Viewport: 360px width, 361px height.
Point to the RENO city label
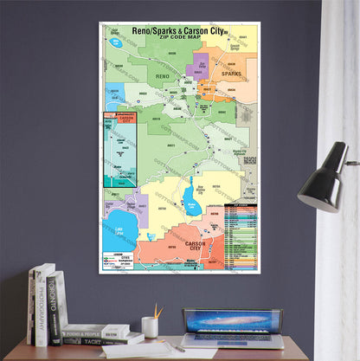point(163,78)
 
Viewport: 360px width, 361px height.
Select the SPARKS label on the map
point(231,74)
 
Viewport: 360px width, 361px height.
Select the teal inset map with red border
point(120,149)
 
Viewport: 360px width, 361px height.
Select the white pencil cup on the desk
point(150,326)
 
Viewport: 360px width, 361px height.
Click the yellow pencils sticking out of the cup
point(157,310)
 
